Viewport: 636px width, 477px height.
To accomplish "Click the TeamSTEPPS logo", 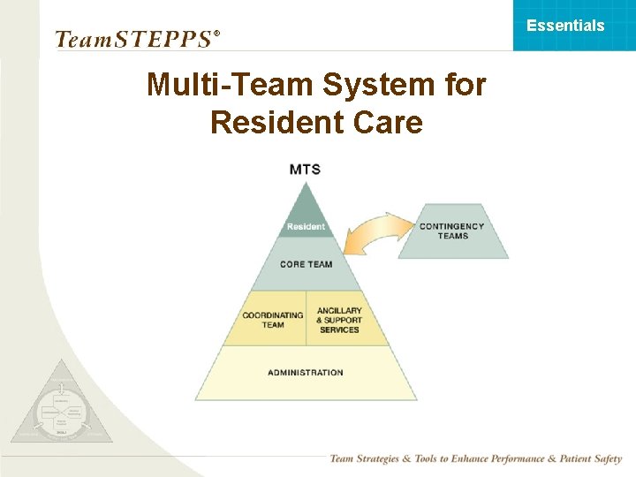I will [132, 39].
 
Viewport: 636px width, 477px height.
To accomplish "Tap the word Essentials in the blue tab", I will [565, 25].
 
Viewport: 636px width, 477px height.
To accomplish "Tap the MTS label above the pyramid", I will [305, 169].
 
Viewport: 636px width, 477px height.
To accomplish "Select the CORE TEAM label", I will [306, 264].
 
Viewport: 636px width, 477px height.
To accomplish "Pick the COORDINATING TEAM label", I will [272, 320].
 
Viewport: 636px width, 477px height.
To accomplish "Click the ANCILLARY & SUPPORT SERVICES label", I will [339, 320].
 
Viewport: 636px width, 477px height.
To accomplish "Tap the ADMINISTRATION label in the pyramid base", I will [306, 373].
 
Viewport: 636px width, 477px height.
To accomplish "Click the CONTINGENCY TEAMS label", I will [452, 231].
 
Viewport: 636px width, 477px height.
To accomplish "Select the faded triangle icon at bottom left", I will [62, 406].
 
